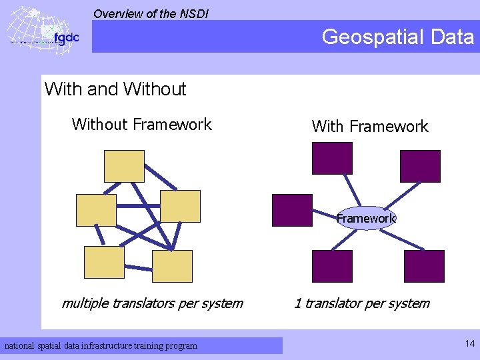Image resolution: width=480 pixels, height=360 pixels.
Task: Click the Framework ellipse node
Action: [x=366, y=218]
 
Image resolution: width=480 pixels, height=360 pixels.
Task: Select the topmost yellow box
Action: [x=124, y=166]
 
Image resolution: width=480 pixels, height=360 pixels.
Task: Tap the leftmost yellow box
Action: [x=96, y=210]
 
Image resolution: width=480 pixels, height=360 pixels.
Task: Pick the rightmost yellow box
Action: [x=180, y=206]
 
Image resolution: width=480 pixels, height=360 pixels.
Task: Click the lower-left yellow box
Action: [x=104, y=262]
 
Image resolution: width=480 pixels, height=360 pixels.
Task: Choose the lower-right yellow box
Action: [x=172, y=266]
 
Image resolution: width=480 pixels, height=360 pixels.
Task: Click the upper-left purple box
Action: [x=332, y=158]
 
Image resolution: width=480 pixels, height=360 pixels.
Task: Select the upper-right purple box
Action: [x=420, y=166]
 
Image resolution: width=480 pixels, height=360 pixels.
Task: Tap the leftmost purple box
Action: [x=292, y=210]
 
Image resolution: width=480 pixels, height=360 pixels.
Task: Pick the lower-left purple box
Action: [x=333, y=266]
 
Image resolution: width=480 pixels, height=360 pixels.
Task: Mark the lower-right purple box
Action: [x=424, y=266]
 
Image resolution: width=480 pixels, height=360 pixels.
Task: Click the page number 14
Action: [x=470, y=344]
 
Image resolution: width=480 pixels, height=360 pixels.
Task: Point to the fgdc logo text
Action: [x=66, y=37]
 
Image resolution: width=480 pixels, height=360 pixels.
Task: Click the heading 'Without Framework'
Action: [x=141, y=124]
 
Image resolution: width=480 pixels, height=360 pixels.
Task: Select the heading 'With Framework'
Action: [x=370, y=126]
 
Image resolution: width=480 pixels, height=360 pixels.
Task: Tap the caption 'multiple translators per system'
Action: [x=152, y=303]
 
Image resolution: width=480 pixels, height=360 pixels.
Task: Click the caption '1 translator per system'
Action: [x=362, y=303]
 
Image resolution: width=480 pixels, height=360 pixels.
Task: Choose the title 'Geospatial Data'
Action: [x=397, y=37]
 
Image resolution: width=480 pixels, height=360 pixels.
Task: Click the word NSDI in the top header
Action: [x=194, y=13]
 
